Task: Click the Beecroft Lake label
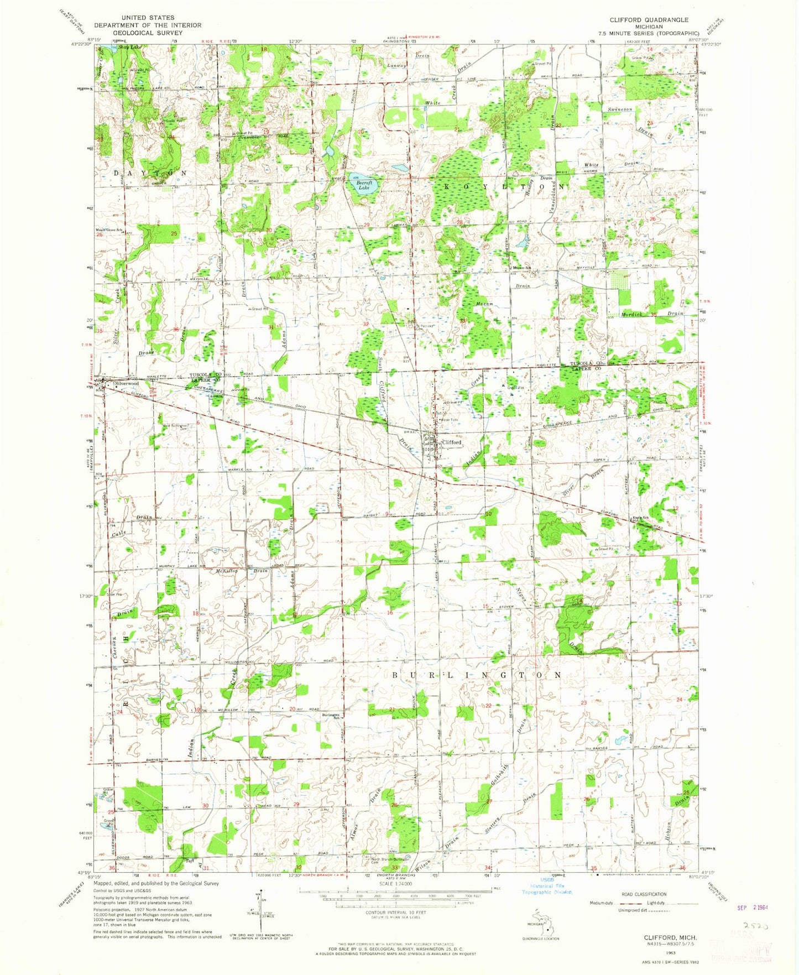(x=363, y=185)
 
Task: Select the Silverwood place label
(x=126, y=383)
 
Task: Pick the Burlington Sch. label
(x=330, y=716)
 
